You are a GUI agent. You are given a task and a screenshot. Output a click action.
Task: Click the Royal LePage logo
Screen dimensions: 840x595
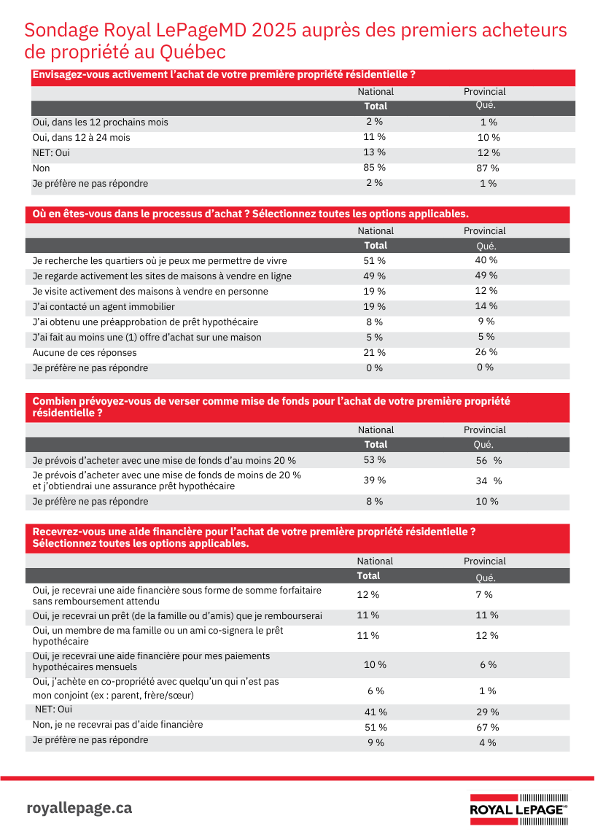(518, 809)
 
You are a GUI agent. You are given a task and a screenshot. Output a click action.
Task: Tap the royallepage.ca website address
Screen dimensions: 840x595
(79, 808)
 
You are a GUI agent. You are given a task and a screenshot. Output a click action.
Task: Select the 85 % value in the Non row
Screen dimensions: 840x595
(375, 168)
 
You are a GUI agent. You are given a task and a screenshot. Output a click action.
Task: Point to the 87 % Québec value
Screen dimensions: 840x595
(489, 168)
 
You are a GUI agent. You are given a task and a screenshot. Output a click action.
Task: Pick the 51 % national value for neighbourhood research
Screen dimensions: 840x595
(375, 260)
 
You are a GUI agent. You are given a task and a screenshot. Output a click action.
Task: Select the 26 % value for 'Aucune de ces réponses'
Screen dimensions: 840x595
(486, 352)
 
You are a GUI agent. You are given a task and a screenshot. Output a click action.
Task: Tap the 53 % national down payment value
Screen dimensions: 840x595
(375, 460)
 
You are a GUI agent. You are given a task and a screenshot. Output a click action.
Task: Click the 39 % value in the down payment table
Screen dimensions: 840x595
(375, 480)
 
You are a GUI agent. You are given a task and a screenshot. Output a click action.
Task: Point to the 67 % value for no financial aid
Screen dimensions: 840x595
(487, 727)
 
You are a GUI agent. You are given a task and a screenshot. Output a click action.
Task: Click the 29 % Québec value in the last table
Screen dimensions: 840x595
(487, 712)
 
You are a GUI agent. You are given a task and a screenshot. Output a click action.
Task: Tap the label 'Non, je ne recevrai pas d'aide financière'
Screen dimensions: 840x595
(117, 725)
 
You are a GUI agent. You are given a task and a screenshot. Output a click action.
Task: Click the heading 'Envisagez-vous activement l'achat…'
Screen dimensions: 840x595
(224, 75)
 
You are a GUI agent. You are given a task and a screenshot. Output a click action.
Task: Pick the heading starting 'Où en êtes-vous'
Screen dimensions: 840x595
(250, 214)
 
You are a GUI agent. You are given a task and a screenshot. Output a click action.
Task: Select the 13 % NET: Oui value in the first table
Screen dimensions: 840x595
(375, 152)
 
